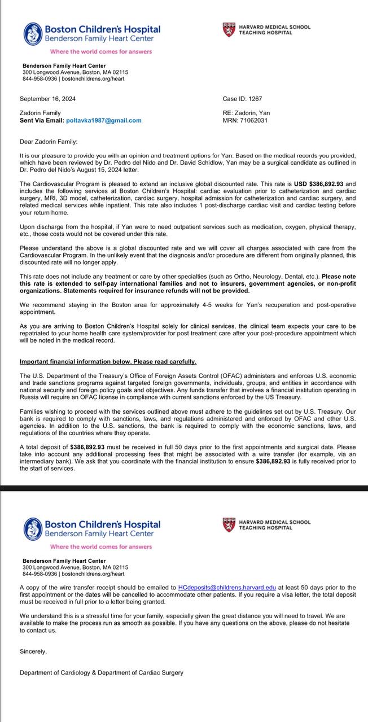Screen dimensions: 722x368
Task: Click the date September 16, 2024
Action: [47, 99]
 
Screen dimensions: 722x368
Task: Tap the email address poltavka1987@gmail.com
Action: [104, 120]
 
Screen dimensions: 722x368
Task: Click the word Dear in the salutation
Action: [27, 142]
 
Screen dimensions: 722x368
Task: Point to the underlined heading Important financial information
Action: [108, 361]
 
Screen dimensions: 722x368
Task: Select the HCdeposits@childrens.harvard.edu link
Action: [227, 588]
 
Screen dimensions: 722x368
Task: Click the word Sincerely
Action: [33, 651]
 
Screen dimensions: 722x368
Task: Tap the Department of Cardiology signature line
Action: [101, 672]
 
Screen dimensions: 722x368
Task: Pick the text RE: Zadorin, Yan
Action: [246, 113]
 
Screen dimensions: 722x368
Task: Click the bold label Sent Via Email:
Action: [42, 120]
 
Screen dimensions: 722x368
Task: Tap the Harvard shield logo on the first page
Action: [229, 30]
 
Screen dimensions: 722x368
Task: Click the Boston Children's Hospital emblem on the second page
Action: [33, 528]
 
